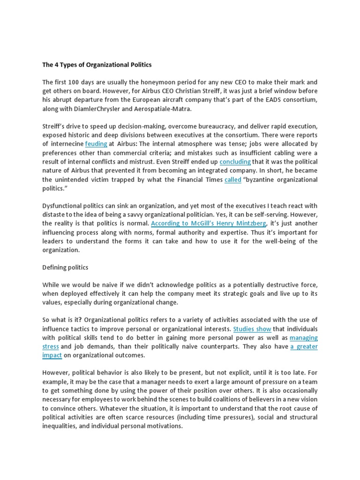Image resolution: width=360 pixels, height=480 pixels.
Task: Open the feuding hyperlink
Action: pyautogui.click(x=96, y=144)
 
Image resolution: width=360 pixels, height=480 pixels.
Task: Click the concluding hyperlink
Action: pyautogui.click(x=235, y=162)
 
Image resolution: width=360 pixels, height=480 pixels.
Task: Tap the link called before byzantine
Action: pyautogui.click(x=232, y=180)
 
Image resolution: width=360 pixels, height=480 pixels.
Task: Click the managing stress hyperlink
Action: pyautogui.click(x=303, y=337)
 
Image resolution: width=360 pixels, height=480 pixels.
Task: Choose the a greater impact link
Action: pyautogui.click(x=304, y=346)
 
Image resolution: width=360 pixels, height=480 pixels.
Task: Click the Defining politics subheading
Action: pyautogui.click(x=65, y=267)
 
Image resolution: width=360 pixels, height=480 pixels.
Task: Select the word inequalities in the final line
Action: pyautogui.click(x=61, y=426)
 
